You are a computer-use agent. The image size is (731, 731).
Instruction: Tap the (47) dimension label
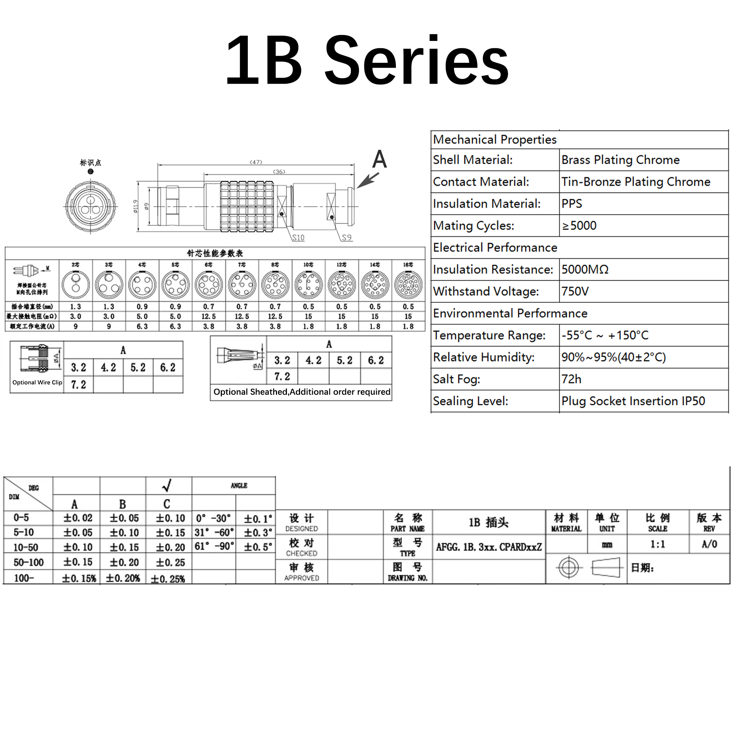pos(256,162)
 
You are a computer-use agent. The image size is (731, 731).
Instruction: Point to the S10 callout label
pos(298,238)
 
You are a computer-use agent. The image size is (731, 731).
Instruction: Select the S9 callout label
pos(346,237)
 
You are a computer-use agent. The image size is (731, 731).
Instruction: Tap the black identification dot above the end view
pos(90,171)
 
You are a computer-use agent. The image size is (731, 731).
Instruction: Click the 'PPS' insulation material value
pos(572,204)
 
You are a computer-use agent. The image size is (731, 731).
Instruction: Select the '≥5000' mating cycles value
pos(579,226)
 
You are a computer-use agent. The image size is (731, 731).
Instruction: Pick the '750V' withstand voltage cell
pos(575,291)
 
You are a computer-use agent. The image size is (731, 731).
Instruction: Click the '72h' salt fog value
pos(571,379)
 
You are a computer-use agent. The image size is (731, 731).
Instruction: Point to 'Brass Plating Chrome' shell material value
pos(621,160)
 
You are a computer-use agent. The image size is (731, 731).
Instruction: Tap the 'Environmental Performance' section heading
pos(510,313)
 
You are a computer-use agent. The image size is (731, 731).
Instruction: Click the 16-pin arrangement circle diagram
pos(408,284)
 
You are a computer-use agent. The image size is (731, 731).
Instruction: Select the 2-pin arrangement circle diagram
pos(76,284)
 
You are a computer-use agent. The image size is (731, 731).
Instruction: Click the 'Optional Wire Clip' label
pos(37,383)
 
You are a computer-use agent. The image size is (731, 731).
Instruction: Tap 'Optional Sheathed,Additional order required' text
pos(302,392)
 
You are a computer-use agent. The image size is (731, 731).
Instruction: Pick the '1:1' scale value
pos(658,544)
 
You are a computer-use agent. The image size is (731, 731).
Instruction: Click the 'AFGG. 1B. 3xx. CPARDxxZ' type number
pos(489,547)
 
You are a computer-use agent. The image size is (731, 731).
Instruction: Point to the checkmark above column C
pos(167,485)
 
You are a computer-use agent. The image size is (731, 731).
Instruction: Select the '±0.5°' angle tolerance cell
pos(258,547)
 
